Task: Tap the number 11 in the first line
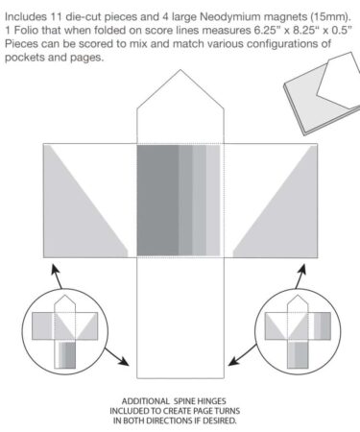coord(56,16)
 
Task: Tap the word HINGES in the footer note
coord(211,401)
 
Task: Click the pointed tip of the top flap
coord(180,70)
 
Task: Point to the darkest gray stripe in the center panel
coord(157,201)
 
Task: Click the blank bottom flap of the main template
coord(180,318)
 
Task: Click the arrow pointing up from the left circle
coord(57,276)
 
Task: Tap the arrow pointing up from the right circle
coord(300,276)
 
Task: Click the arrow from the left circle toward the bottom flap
coord(116,356)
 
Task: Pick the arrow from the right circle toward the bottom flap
coord(242,355)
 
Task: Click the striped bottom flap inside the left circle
coord(65,354)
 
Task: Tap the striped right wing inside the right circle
coord(323,326)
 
